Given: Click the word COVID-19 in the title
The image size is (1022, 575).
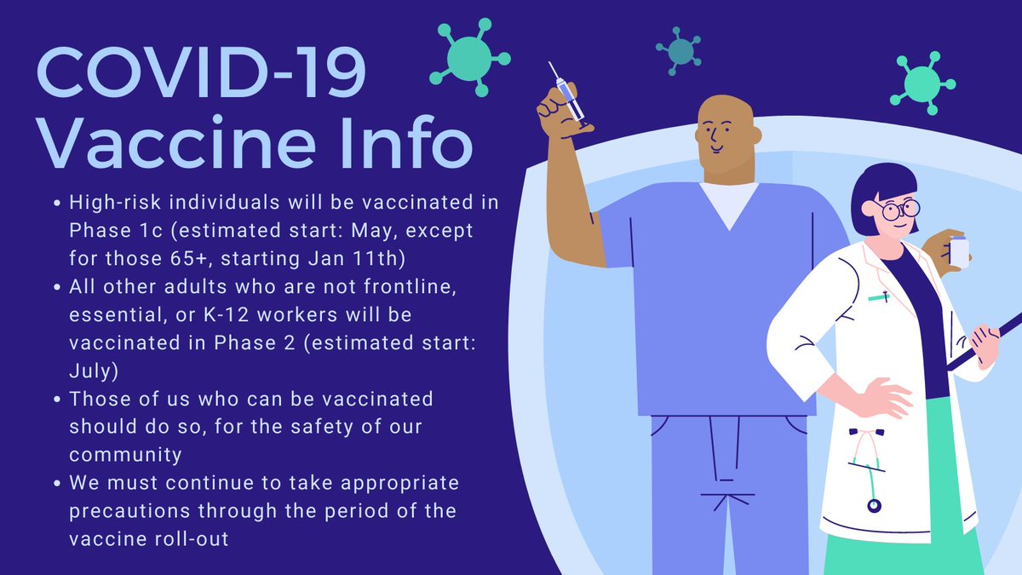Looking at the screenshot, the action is click(201, 72).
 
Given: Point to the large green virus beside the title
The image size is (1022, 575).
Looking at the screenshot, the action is click(470, 58).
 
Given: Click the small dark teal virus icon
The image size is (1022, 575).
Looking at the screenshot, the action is click(680, 51).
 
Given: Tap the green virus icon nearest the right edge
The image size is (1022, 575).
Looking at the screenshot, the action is click(922, 83).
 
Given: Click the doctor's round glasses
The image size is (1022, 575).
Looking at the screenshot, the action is click(898, 210).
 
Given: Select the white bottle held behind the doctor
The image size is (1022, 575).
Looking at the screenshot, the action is click(959, 251).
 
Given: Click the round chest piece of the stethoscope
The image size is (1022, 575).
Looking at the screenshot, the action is click(874, 505).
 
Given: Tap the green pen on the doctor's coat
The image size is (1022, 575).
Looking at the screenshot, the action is click(879, 297).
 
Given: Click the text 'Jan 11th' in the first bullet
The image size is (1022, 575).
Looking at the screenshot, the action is click(357, 258).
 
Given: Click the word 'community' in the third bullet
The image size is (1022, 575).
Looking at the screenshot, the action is click(125, 455).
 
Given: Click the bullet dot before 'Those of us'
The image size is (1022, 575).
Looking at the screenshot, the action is click(57, 400).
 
